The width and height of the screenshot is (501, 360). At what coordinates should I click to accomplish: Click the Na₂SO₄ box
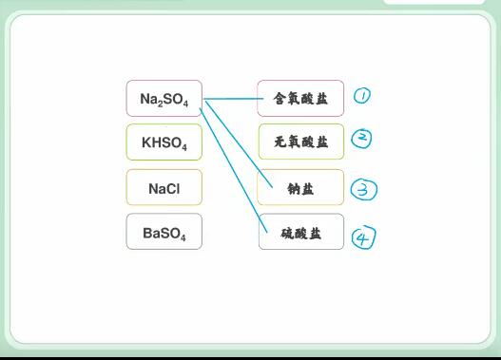164,98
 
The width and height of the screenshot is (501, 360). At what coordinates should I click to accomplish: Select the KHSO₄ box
164,142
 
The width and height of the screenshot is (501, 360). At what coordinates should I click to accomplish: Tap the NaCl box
164,187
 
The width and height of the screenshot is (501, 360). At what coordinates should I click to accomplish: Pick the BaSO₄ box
164,232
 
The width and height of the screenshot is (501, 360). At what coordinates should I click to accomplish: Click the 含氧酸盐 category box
300,98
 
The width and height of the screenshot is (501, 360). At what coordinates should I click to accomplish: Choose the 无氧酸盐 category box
301,142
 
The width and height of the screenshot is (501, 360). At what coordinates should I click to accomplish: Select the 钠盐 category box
300,187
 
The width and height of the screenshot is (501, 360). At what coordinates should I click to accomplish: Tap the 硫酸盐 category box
301,232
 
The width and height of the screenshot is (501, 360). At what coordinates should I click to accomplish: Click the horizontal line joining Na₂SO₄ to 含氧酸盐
233,99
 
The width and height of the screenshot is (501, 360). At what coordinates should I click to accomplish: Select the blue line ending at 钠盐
239,144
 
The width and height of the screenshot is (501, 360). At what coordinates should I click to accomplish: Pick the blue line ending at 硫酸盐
233,170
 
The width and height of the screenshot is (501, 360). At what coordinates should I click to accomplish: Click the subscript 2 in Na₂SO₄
160,104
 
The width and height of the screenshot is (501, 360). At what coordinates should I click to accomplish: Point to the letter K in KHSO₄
146,142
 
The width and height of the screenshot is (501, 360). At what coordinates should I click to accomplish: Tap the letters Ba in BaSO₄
151,233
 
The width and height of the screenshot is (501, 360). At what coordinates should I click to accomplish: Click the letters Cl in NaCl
173,189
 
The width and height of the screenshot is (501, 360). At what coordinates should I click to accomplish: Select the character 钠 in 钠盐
294,189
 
